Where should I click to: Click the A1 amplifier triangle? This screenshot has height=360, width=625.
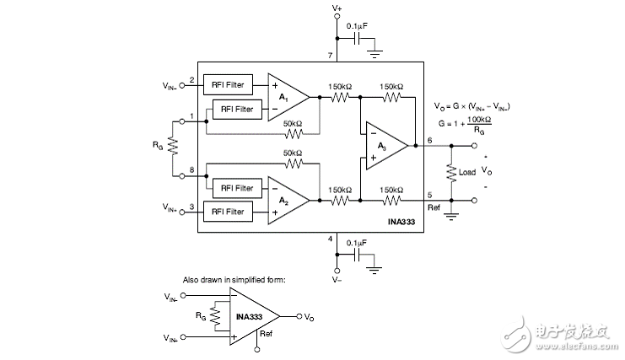286,98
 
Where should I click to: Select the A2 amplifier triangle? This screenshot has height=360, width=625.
286,201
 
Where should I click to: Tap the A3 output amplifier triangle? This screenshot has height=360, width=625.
385,145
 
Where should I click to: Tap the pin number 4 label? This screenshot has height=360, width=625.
331,239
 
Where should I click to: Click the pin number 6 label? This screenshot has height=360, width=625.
429,140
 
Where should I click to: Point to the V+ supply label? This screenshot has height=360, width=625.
337,8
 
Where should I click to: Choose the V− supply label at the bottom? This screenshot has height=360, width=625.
337,278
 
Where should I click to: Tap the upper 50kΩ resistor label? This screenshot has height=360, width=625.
293,125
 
